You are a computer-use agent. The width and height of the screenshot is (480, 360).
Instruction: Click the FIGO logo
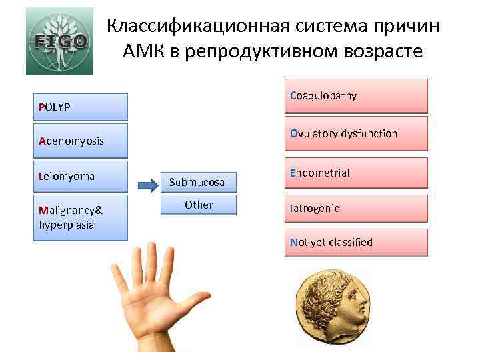point(59,41)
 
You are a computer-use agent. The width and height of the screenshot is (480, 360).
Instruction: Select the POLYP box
point(81,107)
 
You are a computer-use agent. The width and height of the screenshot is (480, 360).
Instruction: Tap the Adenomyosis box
point(81,141)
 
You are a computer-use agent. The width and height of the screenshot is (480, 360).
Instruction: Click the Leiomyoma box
point(81,177)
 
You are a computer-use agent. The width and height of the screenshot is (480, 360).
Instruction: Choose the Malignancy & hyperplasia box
point(81,217)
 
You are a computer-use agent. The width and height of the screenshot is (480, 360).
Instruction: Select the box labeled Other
point(199,205)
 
